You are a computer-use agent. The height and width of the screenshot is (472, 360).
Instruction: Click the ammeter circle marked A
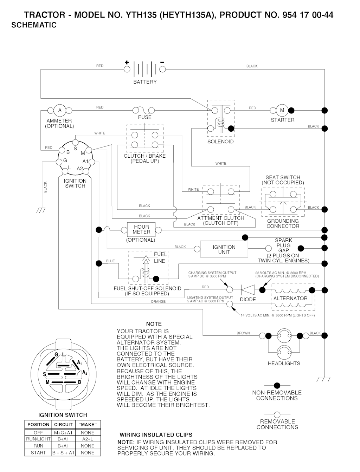click(60, 110)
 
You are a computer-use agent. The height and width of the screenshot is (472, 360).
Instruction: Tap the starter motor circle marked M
click(282, 110)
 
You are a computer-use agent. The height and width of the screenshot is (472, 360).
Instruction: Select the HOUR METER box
click(141, 230)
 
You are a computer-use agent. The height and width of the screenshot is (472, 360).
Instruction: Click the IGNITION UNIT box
click(224, 249)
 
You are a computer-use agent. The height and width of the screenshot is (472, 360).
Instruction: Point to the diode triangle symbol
click(248, 290)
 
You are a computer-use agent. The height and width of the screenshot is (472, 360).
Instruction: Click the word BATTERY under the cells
click(145, 82)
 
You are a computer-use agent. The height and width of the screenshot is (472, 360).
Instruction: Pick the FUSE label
click(144, 117)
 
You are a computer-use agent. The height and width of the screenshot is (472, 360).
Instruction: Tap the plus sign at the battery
click(127, 63)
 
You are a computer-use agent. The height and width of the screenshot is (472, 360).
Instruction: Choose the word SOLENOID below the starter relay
click(220, 142)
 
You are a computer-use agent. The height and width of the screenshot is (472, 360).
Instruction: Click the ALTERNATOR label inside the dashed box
click(290, 299)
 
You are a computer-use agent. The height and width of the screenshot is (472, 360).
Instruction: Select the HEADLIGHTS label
click(284, 363)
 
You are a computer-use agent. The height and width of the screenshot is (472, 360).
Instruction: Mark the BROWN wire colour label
click(243, 333)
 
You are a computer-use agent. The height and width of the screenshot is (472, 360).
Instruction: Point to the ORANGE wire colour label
click(158, 302)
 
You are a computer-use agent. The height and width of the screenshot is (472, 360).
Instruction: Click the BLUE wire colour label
click(110, 261)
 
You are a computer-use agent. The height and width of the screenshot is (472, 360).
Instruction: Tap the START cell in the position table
click(38, 453)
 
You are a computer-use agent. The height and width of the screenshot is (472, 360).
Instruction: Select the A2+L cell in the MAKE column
click(88, 439)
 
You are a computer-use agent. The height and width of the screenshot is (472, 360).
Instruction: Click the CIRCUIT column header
click(63, 425)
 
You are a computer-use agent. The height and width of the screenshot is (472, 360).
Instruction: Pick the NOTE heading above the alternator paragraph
click(154, 324)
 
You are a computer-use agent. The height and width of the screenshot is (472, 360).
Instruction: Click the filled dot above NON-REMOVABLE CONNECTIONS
click(277, 386)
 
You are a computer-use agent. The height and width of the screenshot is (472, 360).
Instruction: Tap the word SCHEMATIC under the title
click(34, 25)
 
